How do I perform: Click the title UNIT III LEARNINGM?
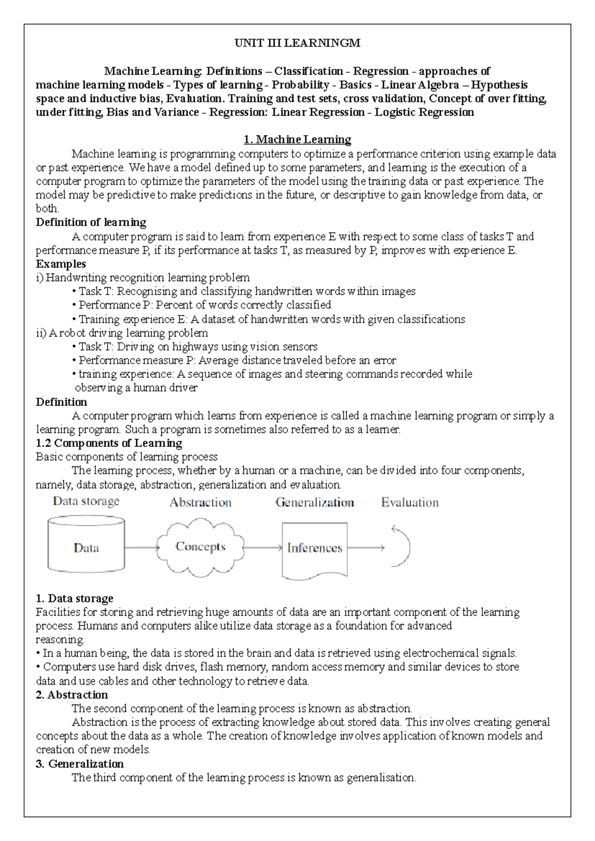click(297, 43)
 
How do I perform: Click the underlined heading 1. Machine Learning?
click(297, 139)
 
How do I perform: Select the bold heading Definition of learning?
click(91, 222)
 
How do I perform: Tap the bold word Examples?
click(61, 264)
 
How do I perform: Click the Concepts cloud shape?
click(200, 546)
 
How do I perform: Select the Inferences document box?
click(314, 548)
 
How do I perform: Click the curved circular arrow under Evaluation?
click(402, 546)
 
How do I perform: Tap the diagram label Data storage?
click(86, 501)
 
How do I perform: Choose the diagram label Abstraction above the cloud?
click(200, 503)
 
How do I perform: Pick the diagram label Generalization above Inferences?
click(314, 503)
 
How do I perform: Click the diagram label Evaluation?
click(410, 503)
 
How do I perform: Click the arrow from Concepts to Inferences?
click(263, 547)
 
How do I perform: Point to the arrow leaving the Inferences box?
click(365, 547)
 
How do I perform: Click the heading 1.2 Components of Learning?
click(109, 443)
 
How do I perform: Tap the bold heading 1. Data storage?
click(75, 599)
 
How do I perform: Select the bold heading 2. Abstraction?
click(72, 695)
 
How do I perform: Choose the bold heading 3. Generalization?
click(80, 764)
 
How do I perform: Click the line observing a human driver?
click(136, 388)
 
